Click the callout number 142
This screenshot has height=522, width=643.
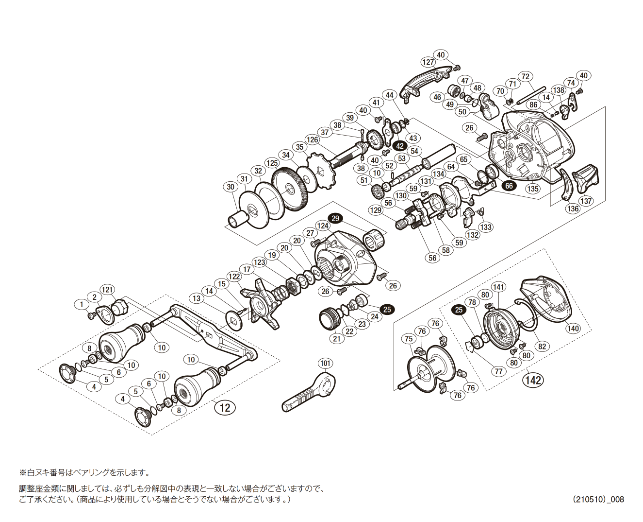click(532, 380)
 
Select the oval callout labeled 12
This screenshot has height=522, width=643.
click(225, 407)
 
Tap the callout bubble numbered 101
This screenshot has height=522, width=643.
click(325, 363)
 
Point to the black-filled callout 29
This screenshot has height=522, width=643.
click(335, 218)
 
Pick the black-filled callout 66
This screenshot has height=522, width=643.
click(509, 186)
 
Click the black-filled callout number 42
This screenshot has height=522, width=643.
click(400, 146)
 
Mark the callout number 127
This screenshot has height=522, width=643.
click(428, 62)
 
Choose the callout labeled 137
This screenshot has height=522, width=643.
click(586, 201)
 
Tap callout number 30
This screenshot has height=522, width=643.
click(231, 187)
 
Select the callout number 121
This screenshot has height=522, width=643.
click(107, 290)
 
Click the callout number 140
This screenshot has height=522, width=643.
click(573, 328)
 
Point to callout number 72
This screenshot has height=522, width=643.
click(525, 76)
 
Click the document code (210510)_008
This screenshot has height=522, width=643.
click(598, 499)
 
